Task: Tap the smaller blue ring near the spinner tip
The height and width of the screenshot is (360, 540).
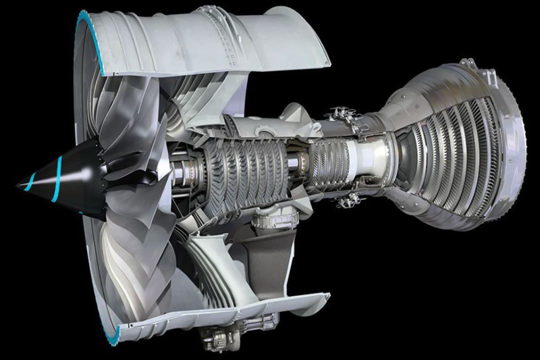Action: pyautogui.click(x=30, y=179)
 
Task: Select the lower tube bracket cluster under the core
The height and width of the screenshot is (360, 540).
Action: pyautogui.click(x=348, y=199)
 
